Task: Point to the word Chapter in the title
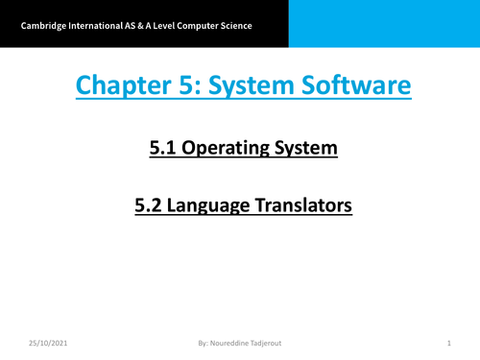click(119, 87)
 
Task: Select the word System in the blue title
click(248, 87)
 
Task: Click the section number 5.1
click(164, 148)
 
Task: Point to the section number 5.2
click(150, 204)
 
